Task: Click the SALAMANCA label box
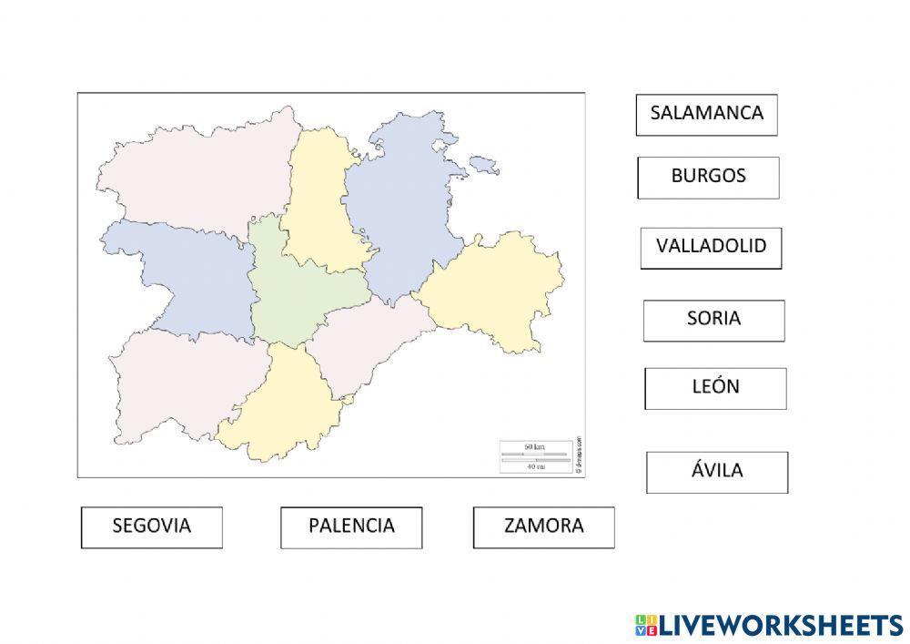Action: click(x=706, y=115)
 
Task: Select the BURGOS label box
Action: click(x=708, y=177)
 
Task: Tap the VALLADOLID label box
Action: click(x=711, y=248)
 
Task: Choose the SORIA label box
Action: click(x=713, y=321)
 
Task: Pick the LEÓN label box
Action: click(x=715, y=388)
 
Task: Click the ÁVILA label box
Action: click(x=717, y=472)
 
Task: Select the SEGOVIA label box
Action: click(x=151, y=527)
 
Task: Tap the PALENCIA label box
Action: click(x=351, y=527)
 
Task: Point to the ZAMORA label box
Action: click(x=543, y=527)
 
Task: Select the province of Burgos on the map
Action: click(x=400, y=210)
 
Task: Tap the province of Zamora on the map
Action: click(x=182, y=273)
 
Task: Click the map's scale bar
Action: click(x=533, y=455)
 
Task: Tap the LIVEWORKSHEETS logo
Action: click(x=769, y=625)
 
